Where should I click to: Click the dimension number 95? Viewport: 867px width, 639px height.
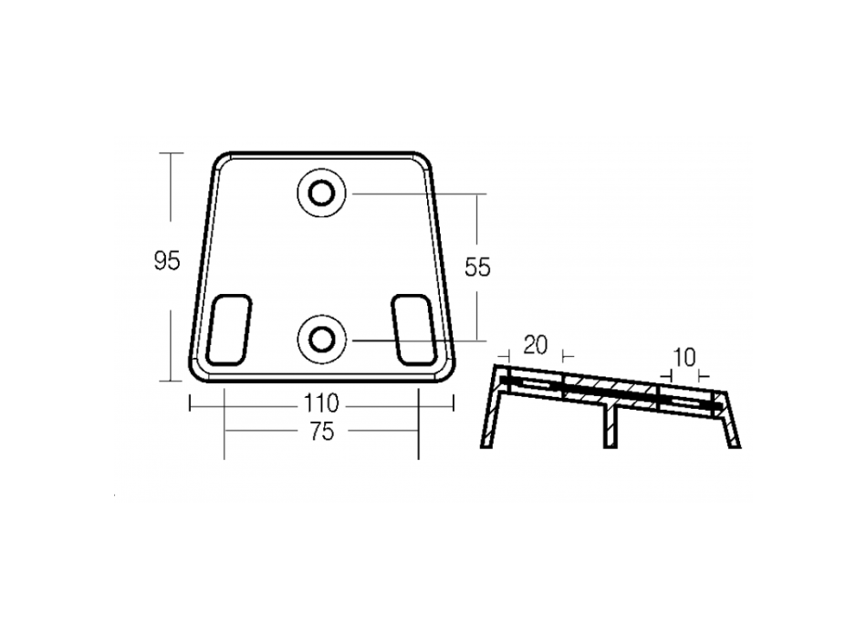167,260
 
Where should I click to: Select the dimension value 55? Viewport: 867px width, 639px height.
477,267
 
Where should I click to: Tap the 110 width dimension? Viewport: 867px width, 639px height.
321,403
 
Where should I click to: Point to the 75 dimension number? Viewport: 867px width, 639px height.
322,432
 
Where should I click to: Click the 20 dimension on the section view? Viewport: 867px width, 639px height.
535,345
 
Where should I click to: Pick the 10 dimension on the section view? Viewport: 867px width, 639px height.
684,358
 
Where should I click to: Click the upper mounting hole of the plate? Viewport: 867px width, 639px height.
322,194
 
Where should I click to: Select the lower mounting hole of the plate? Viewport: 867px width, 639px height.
322,339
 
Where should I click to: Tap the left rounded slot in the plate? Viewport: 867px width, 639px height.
228,330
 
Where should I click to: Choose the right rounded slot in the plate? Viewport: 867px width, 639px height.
414,330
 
